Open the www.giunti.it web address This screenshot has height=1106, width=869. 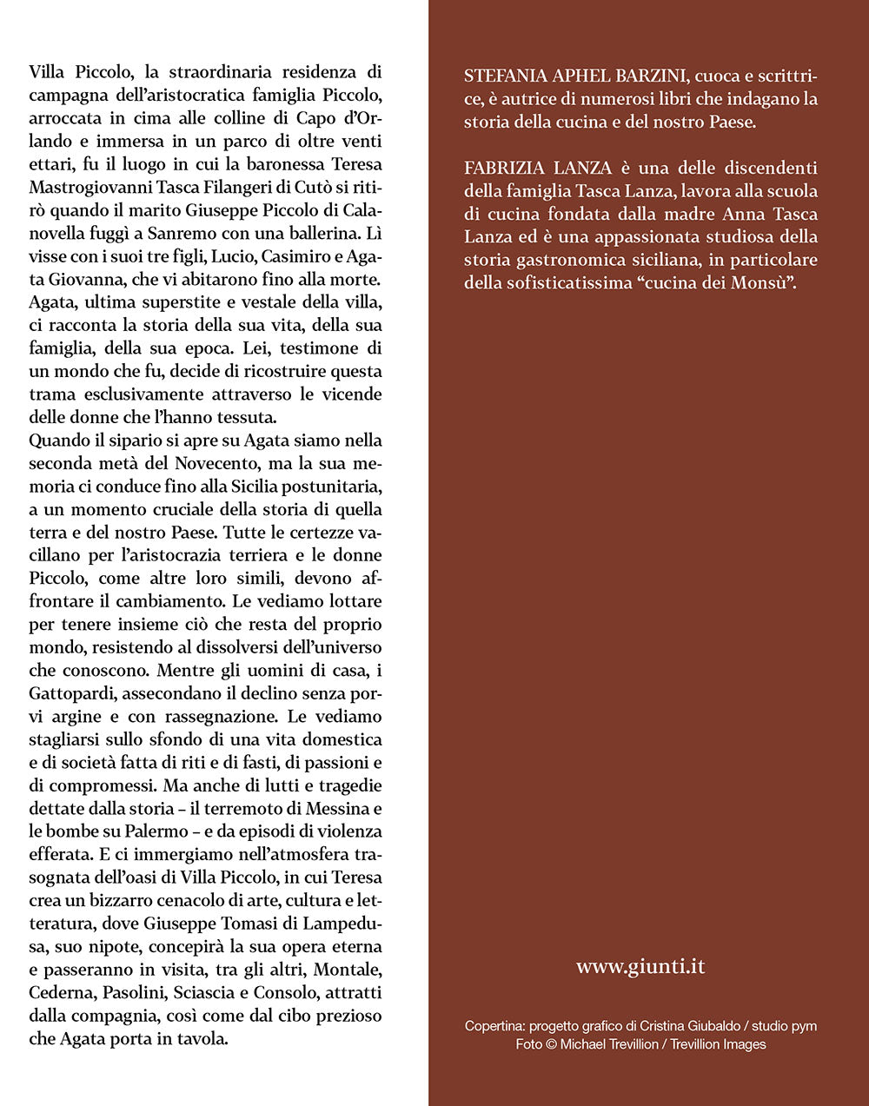coord(640,966)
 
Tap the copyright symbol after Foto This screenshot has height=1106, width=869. coord(552,1044)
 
